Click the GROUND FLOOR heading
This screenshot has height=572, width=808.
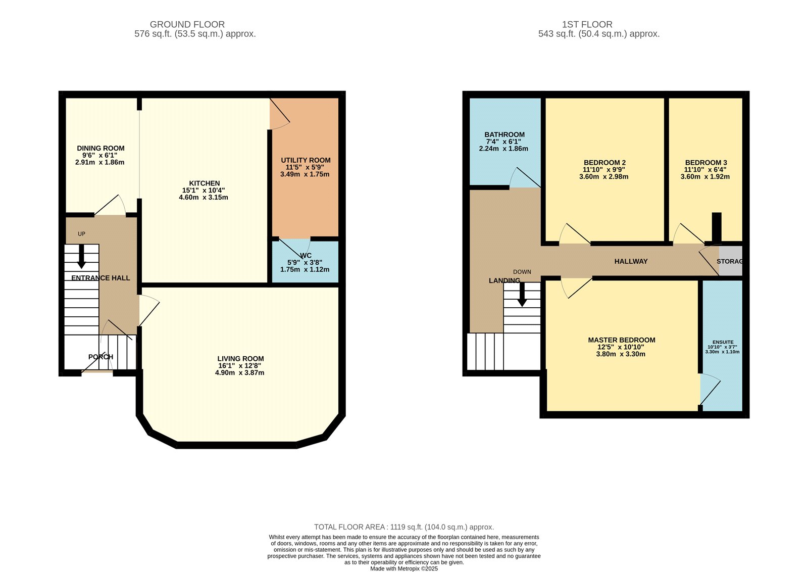pos(187,24)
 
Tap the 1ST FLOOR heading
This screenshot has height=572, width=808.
pos(587,24)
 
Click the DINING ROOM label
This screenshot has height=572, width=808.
pos(100,148)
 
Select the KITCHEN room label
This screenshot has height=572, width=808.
pos(204,183)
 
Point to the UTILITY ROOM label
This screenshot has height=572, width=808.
pos(306,160)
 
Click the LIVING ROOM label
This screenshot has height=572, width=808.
pos(240,359)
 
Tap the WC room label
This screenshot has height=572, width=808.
pos(306,256)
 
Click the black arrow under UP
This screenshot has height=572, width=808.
pos(81,259)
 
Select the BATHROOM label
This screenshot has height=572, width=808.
pos(504,134)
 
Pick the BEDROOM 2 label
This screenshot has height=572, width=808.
pos(604,163)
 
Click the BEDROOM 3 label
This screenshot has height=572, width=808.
pos(705,163)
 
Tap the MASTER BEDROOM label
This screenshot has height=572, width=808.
pos(621,340)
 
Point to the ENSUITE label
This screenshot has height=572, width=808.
pos(723,342)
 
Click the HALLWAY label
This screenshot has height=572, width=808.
pos(631,261)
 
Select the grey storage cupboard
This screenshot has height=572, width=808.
pos(731,261)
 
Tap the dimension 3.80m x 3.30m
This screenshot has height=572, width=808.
pos(621,354)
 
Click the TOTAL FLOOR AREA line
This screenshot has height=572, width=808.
pos(403,527)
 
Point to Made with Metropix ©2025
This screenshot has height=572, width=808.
pos(403,568)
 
